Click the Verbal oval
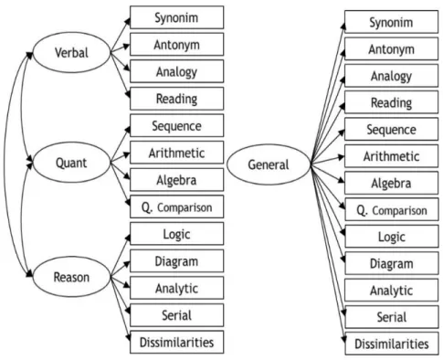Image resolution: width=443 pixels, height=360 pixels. point(71,52)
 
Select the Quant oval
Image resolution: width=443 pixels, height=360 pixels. point(71,163)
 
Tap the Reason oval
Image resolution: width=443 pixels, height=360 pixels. point(71,277)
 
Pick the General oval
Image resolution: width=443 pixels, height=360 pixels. point(269,164)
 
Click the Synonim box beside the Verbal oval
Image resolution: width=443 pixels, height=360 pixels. point(177,17)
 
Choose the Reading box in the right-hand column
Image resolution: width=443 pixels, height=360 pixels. point(392,102)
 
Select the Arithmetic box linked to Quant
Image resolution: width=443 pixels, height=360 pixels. point(177,153)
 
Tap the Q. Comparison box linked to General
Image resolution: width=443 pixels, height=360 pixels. point(392,210)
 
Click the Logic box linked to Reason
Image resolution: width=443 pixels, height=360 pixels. point(177,234)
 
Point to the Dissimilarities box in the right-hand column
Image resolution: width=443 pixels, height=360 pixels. point(392,344)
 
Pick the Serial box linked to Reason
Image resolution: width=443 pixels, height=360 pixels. point(177,315)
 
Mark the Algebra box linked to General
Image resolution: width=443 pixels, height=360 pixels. point(392,183)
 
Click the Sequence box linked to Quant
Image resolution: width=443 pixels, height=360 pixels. point(177,125)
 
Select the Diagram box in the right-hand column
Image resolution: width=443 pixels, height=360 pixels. point(392,263)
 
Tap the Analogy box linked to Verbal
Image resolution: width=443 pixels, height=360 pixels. point(177,71)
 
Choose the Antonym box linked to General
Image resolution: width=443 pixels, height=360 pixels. point(392,48)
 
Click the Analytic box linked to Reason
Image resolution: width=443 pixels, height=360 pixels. point(177,288)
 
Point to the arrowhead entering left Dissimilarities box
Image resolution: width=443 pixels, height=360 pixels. point(128,336)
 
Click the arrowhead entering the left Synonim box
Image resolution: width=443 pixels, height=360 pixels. point(127,21)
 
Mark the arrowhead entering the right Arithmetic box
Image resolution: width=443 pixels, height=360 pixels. point(341,157)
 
